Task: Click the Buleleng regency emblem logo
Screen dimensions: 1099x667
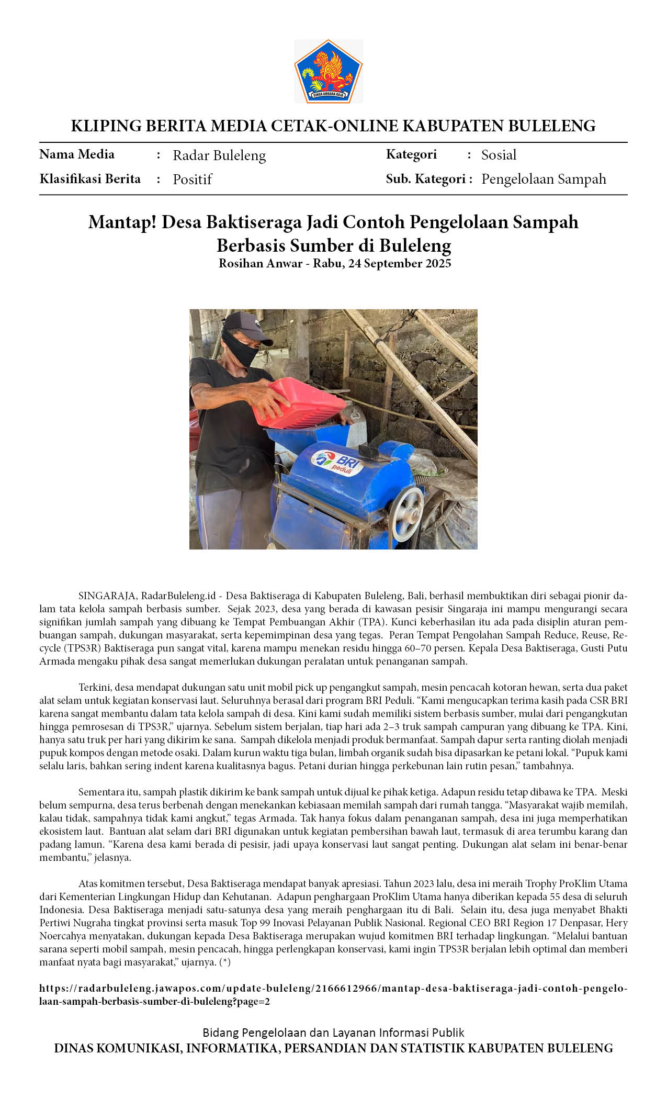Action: tap(329, 71)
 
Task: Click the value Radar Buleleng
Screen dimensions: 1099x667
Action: tap(219, 155)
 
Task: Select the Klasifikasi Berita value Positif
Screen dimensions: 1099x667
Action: tap(192, 180)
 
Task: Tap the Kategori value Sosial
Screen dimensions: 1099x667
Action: tap(499, 155)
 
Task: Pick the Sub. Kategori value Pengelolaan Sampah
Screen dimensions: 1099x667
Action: tap(544, 179)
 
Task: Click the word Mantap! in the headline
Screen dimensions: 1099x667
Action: tap(122, 222)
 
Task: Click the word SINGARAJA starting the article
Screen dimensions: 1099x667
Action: tap(107, 596)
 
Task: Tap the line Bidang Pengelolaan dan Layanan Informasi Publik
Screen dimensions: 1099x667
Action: tap(333, 1033)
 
